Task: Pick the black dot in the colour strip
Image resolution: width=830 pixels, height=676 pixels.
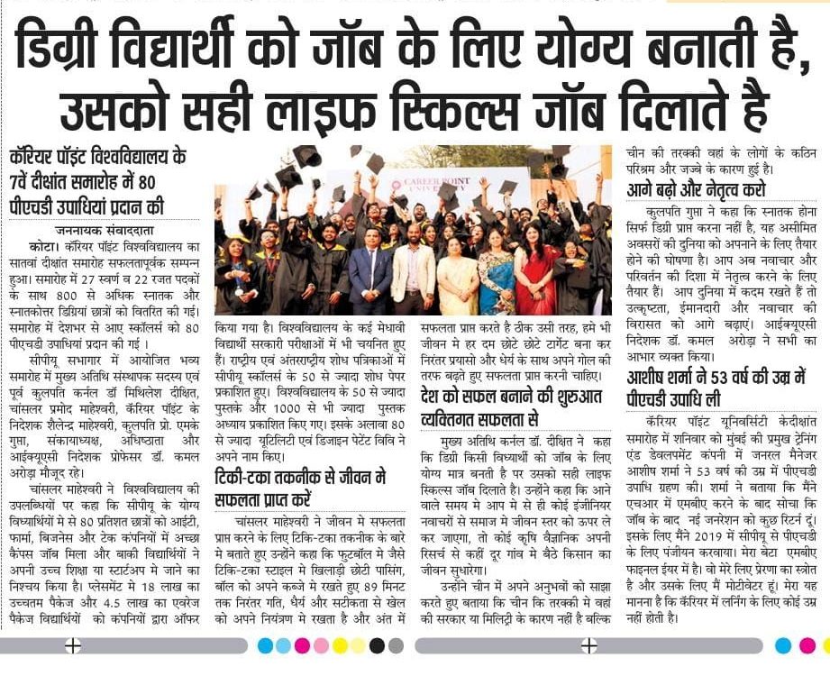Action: click(x=377, y=645)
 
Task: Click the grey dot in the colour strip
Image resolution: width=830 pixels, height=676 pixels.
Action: click(x=396, y=645)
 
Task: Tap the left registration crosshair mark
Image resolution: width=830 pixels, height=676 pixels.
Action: click(x=73, y=645)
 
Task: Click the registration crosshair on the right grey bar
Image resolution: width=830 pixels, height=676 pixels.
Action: click(x=588, y=645)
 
